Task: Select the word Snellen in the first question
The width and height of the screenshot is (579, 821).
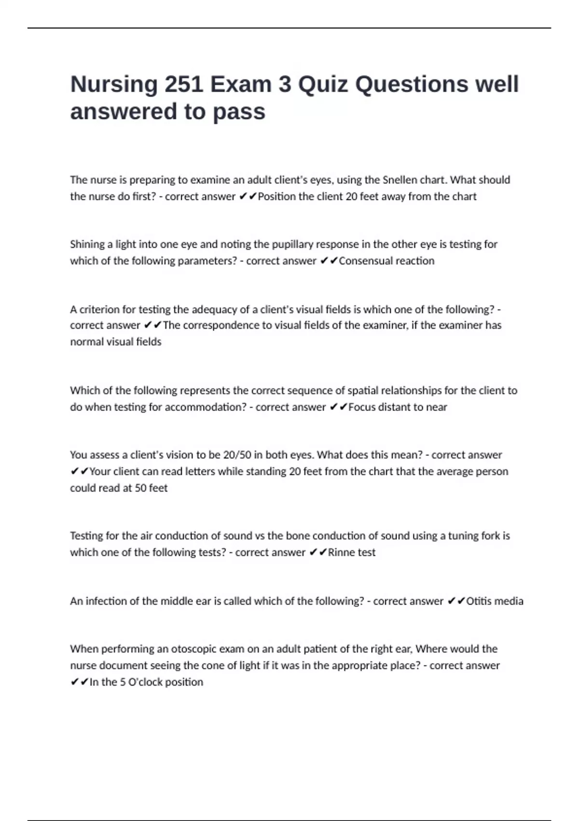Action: point(400,180)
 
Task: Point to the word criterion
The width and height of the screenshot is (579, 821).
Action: point(100,309)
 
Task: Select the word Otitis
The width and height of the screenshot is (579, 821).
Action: point(480,601)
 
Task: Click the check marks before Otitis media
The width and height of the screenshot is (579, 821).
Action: point(455,601)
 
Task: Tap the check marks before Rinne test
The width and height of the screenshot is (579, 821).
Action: point(317,552)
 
